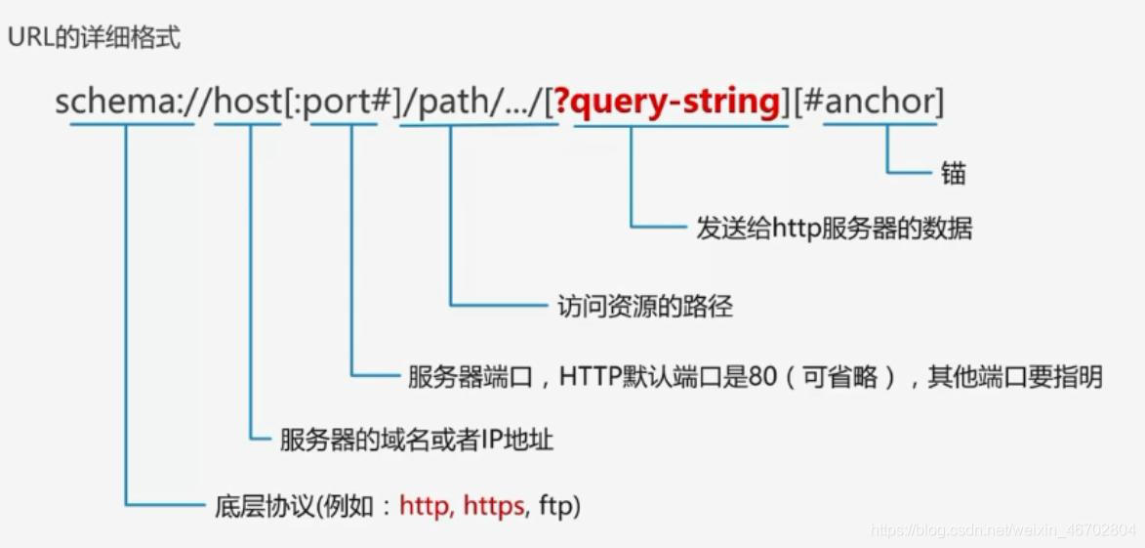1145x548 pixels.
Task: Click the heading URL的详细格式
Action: pyautogui.click(x=95, y=40)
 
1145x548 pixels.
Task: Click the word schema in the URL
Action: pyautogui.click(x=112, y=101)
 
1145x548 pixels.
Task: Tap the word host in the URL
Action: pyautogui.click(x=247, y=101)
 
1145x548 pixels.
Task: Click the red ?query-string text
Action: pyautogui.click(x=668, y=101)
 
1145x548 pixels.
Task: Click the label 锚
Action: pyautogui.click(x=954, y=174)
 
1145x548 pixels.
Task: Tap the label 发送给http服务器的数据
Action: pyautogui.click(x=835, y=229)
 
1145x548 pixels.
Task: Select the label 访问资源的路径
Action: pyautogui.click(x=644, y=307)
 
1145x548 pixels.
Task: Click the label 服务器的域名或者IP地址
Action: pyautogui.click(x=417, y=440)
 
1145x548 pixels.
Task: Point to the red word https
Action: pyautogui.click(x=494, y=506)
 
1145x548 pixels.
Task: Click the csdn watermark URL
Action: pyautogui.click(x=1003, y=530)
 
